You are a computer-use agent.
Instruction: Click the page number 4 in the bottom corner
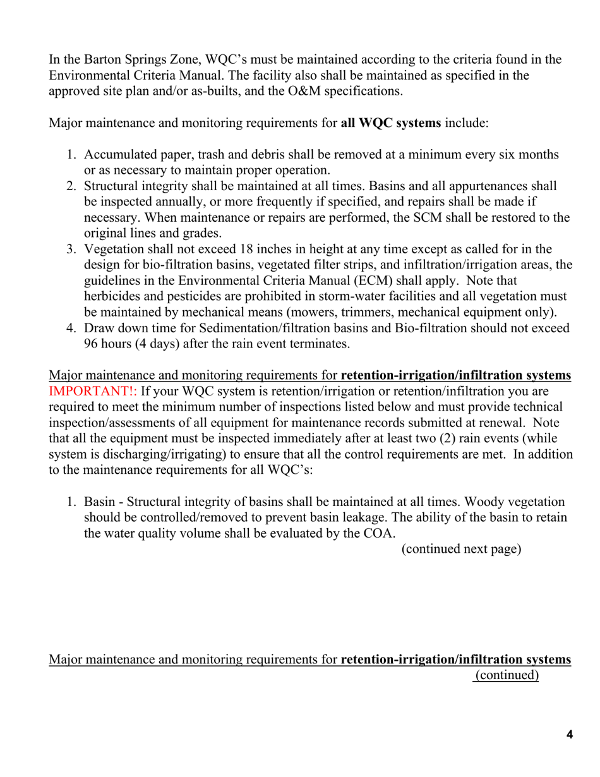570,734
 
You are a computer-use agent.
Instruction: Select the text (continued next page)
461,548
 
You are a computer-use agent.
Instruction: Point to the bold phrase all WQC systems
390,123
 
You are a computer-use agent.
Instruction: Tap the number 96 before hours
92,344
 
